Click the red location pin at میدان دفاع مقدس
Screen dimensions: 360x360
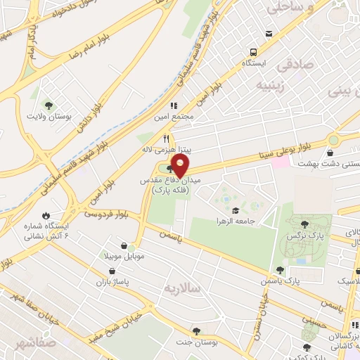tap(180, 167)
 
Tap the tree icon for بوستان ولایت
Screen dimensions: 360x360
tap(49, 103)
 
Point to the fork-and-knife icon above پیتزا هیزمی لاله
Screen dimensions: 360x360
tap(167, 139)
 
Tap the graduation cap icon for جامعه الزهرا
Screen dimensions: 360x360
tap(236, 210)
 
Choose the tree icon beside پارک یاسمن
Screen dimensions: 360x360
tap(281, 269)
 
